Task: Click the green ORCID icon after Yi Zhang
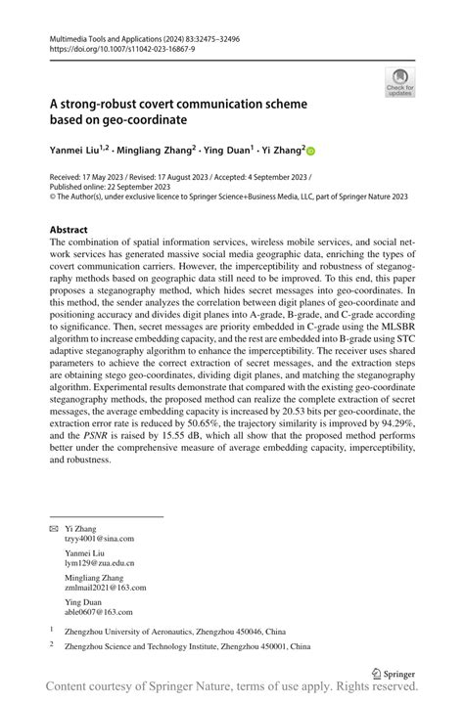(312, 152)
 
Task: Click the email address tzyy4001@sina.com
(99, 538)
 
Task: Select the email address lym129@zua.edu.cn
(98, 563)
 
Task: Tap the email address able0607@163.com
(99, 613)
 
